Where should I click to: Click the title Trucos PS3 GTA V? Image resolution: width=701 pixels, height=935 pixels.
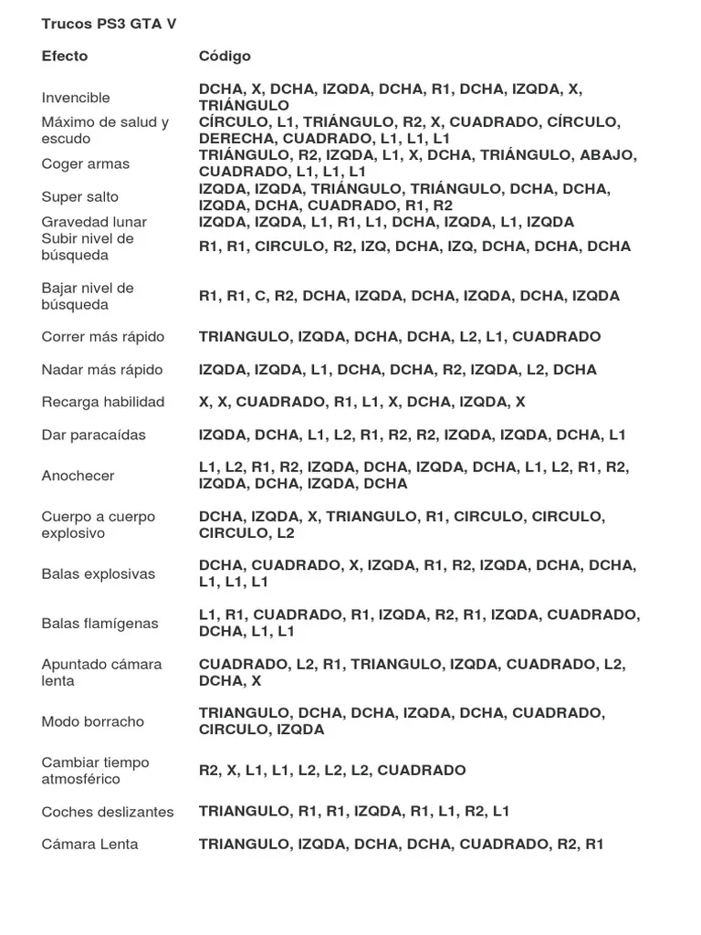[110, 25]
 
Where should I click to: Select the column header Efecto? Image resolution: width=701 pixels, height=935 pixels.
[65, 56]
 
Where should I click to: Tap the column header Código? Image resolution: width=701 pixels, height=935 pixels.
[225, 56]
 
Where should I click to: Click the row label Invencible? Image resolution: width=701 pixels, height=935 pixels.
[76, 98]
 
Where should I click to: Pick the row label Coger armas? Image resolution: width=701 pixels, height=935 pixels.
[86, 163]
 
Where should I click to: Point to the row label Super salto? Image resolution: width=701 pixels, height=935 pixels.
[80, 196]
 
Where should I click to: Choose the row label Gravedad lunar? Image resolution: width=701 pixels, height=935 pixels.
[94, 222]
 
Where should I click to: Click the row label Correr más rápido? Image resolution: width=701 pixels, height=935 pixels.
[103, 337]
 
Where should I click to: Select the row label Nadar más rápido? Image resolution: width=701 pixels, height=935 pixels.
[102, 370]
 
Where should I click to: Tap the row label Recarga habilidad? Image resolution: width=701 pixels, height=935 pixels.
[103, 402]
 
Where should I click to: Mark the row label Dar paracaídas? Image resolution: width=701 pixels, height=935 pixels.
[94, 435]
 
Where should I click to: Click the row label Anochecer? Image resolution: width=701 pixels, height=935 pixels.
[78, 476]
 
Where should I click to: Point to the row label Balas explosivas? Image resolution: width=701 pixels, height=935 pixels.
[99, 574]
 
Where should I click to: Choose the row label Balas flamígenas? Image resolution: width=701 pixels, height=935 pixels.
[100, 624]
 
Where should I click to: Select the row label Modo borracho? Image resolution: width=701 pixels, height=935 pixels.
[93, 721]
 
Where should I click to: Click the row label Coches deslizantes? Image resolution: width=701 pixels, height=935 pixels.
[108, 812]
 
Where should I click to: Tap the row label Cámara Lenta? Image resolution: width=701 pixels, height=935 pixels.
[90, 845]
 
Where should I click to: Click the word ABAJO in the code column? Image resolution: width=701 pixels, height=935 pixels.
[607, 155]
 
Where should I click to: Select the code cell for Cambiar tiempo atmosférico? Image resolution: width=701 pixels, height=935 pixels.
[332, 771]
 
